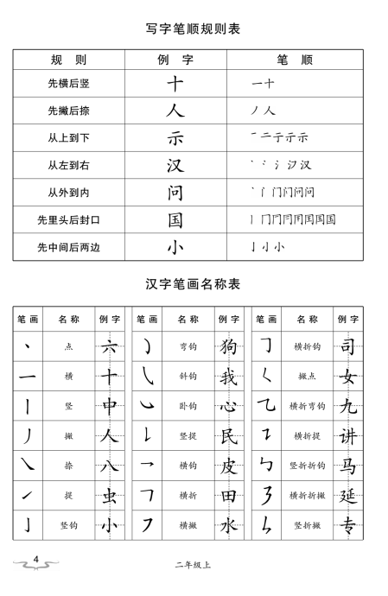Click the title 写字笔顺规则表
point(193,29)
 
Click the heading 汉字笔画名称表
point(193,282)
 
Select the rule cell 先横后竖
point(68,84)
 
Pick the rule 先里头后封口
point(68,219)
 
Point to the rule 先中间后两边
point(68,246)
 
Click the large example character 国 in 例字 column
point(175,219)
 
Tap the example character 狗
point(228,346)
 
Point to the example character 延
point(348,494)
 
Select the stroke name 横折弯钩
point(307,405)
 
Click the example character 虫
point(109,494)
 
